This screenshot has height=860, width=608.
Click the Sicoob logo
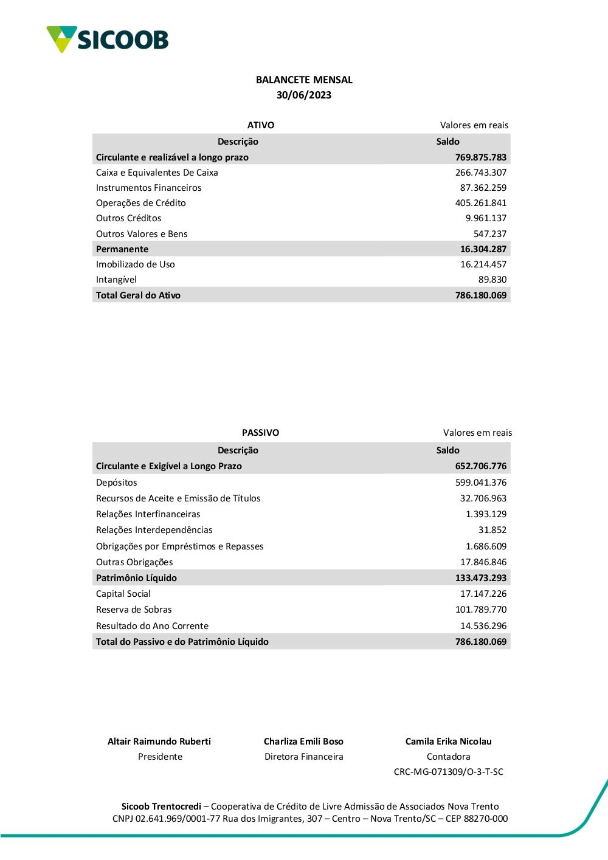tap(108, 40)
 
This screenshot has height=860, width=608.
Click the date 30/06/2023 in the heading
tap(304, 95)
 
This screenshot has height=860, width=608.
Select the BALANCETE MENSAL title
tap(304, 80)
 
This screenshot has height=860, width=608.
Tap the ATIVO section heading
tap(261, 125)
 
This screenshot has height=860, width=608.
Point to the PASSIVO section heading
tap(260, 433)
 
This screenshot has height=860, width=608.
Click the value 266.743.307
tap(480, 173)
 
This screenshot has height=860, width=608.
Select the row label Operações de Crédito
tap(141, 203)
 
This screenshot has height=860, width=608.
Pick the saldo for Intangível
tap(492, 280)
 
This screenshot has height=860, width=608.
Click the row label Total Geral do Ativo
tap(138, 295)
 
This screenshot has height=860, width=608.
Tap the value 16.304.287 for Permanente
tap(483, 249)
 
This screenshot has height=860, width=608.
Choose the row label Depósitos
tap(117, 483)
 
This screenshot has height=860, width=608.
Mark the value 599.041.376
tap(480, 483)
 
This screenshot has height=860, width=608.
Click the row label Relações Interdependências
tap(154, 530)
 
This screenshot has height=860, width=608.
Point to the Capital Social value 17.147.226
tap(483, 594)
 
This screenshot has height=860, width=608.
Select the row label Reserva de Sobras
tap(134, 610)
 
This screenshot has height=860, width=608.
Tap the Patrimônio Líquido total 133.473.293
tap(480, 578)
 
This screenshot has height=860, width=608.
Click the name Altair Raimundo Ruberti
tap(159, 741)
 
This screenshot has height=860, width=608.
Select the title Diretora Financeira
tap(304, 757)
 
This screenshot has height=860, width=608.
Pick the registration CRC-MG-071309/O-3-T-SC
tap(449, 772)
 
